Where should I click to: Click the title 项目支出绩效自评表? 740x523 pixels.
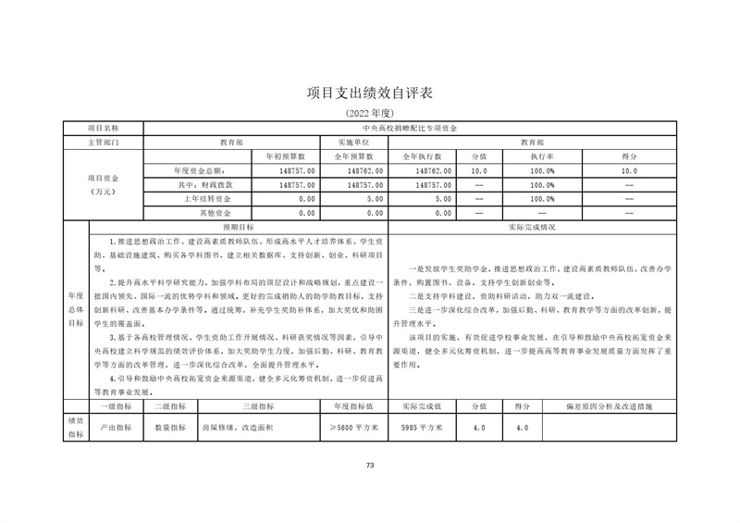(369, 93)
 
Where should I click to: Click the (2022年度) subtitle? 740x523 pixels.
(369, 113)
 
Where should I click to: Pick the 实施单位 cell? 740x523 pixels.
(351, 143)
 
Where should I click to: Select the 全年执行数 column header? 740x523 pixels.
(422, 157)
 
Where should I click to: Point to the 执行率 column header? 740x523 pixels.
(541, 157)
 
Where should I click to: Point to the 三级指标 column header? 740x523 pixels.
(258, 405)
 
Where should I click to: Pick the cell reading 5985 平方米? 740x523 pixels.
(422, 428)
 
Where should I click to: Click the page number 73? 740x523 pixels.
(369, 465)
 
